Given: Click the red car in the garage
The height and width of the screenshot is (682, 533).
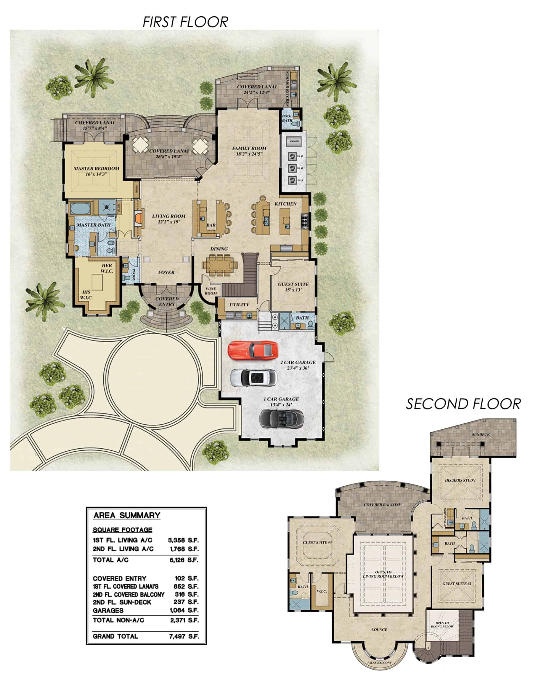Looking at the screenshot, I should [x=253, y=350].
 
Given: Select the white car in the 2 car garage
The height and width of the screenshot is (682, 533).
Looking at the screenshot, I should [x=253, y=378].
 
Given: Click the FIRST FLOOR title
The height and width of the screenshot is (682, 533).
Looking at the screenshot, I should [x=185, y=22].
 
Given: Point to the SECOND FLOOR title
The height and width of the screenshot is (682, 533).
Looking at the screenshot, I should [x=463, y=404].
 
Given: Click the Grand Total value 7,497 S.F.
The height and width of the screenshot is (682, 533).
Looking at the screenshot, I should [x=184, y=636].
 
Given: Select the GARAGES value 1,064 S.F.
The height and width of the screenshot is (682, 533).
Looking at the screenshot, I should [x=184, y=610].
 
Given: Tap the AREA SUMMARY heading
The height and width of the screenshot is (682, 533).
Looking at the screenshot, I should [x=127, y=515].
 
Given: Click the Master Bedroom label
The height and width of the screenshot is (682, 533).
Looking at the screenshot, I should [x=96, y=171].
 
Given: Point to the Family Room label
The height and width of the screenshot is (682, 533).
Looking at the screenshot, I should [x=249, y=151].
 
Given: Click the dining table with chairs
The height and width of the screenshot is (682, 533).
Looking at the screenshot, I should [x=219, y=265].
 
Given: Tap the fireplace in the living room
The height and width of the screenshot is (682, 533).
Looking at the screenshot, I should [x=139, y=217].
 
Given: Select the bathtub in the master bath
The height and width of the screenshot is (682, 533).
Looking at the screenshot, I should [x=80, y=208].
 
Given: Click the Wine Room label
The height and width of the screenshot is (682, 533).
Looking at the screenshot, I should [x=211, y=291].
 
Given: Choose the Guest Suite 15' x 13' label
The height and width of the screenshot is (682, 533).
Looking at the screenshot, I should [x=293, y=287].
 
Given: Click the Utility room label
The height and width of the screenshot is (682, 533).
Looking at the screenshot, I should [x=239, y=305].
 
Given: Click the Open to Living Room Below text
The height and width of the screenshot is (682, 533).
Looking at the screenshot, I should [x=383, y=574].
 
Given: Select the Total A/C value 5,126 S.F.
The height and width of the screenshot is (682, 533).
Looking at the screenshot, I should [x=184, y=560].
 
